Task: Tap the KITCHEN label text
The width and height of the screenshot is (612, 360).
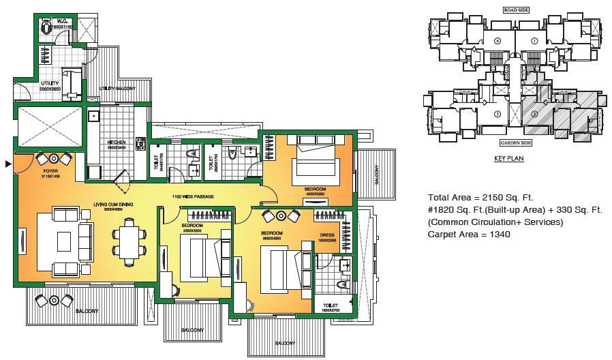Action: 117,142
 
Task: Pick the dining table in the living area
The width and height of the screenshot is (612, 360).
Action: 129,242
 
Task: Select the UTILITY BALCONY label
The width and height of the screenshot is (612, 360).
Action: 117,89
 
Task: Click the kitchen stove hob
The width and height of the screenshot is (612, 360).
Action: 141,145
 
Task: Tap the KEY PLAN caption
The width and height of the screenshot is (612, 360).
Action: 508,158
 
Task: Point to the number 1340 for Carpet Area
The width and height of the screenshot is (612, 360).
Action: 499,234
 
